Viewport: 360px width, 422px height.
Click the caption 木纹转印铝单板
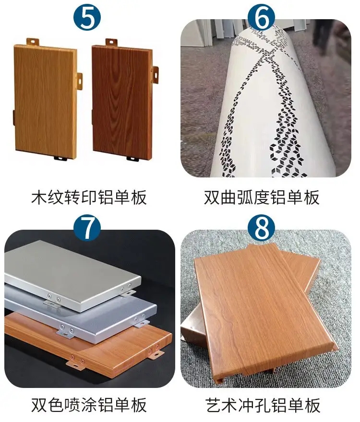coord(89,197)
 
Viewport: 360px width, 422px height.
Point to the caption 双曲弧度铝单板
coord(262,197)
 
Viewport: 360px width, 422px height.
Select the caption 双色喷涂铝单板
coord(89,405)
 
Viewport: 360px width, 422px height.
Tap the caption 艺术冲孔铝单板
coord(263,405)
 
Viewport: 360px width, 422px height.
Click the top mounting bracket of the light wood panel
coord(33,42)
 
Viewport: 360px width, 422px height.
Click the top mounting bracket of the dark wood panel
coord(111,42)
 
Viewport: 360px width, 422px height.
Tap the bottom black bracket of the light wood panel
coord(60,158)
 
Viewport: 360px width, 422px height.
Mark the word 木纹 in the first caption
coord(48,197)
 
